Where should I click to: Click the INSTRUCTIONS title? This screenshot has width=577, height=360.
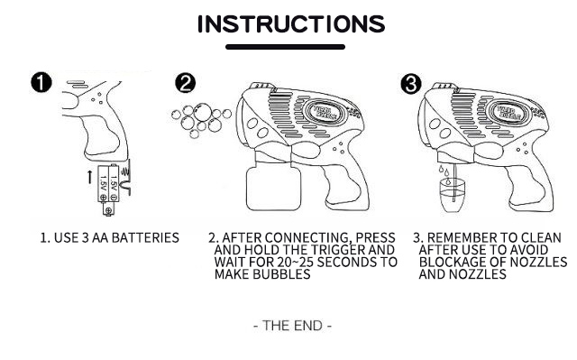(291, 24)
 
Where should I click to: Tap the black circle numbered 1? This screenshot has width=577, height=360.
(41, 82)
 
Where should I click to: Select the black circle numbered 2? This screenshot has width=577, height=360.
(186, 83)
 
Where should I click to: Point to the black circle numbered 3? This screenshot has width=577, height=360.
(411, 84)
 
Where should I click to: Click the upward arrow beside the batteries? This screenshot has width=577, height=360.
(90, 177)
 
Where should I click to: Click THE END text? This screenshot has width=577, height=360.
(292, 326)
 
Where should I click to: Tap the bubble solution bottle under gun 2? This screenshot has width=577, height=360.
(273, 188)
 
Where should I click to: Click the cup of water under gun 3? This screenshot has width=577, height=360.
(453, 195)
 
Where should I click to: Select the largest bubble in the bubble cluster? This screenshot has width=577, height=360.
(202, 112)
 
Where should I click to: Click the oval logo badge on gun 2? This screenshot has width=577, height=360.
(325, 112)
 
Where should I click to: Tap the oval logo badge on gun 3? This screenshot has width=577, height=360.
(508, 112)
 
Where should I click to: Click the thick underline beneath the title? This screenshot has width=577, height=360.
(285, 47)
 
